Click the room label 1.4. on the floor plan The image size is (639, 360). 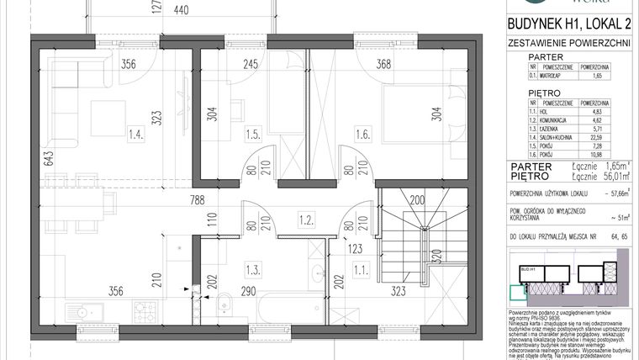135,133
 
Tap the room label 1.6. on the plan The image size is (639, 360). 362,133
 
